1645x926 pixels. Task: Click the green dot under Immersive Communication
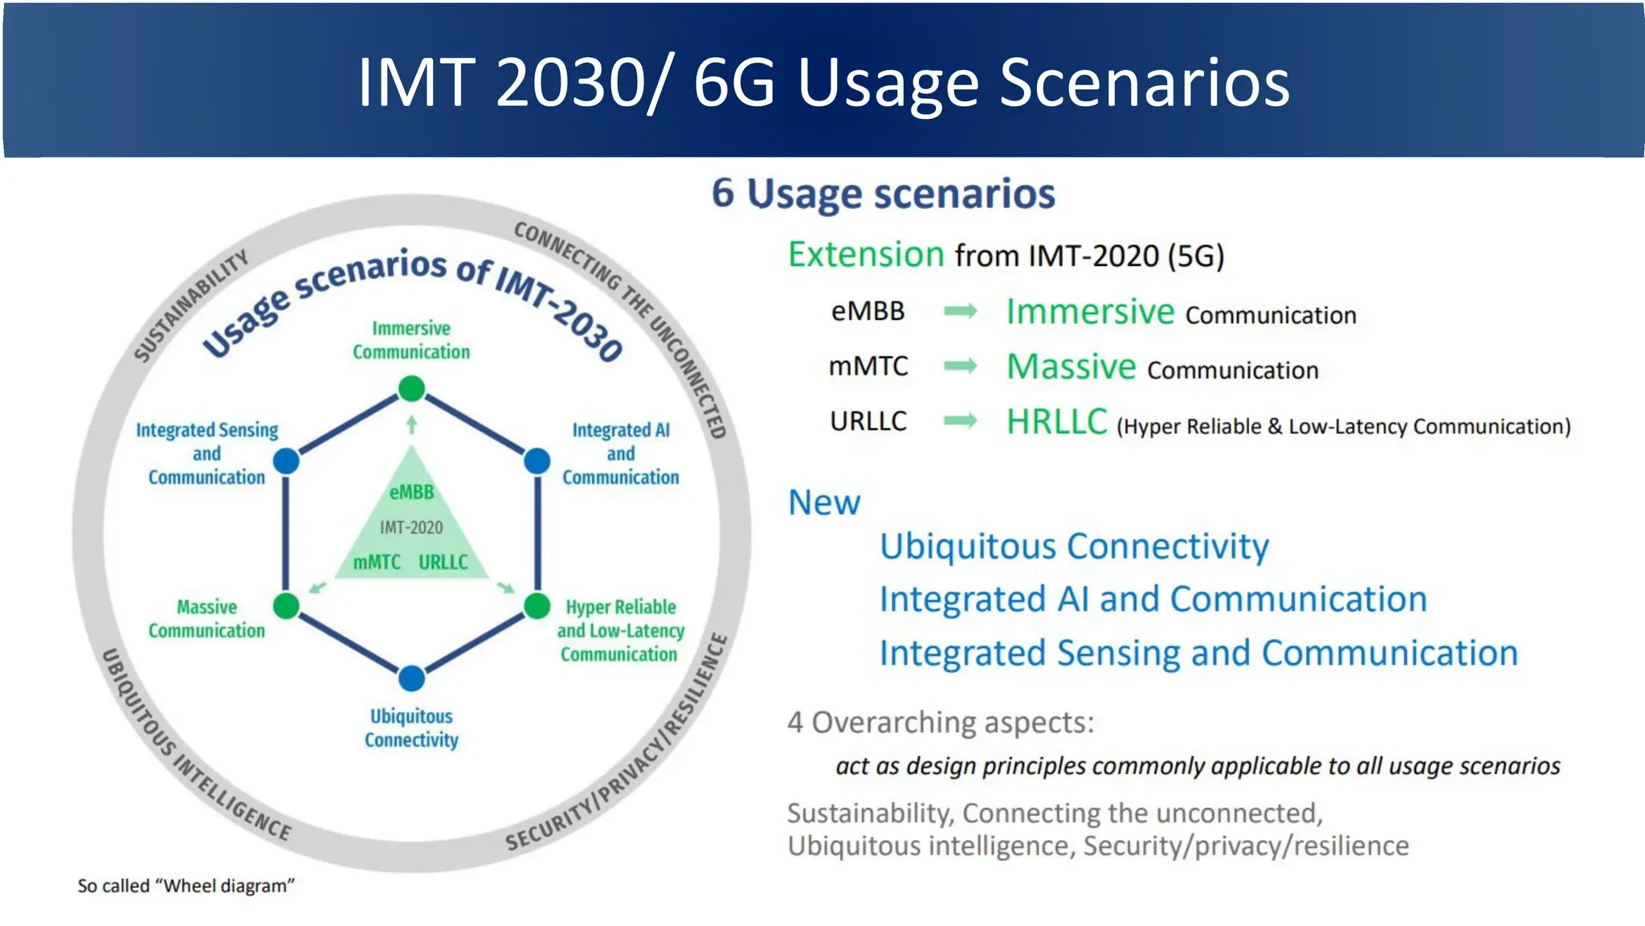tap(411, 389)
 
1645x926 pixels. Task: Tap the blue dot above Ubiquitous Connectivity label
tap(411, 678)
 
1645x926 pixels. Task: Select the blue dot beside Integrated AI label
tap(537, 461)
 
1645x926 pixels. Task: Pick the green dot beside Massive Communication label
tap(286, 605)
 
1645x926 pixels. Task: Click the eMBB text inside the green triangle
tap(411, 492)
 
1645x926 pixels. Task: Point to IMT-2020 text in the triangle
tap(411, 527)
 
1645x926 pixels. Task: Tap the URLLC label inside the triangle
tap(443, 562)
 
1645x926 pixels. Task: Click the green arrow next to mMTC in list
tap(960, 367)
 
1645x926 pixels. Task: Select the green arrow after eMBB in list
tap(960, 311)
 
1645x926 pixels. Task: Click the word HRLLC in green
tap(1056, 422)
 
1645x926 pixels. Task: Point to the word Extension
tap(865, 255)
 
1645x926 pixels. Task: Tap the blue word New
tap(823, 502)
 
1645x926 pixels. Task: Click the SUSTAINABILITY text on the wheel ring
tap(190, 305)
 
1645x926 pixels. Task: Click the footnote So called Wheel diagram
tap(186, 886)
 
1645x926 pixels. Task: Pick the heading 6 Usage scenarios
tap(883, 194)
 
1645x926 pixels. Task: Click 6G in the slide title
tap(734, 82)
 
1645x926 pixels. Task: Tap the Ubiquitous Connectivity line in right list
tap(1074, 547)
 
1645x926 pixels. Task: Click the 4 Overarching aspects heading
tap(940, 722)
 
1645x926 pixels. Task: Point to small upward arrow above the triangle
tap(411, 424)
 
